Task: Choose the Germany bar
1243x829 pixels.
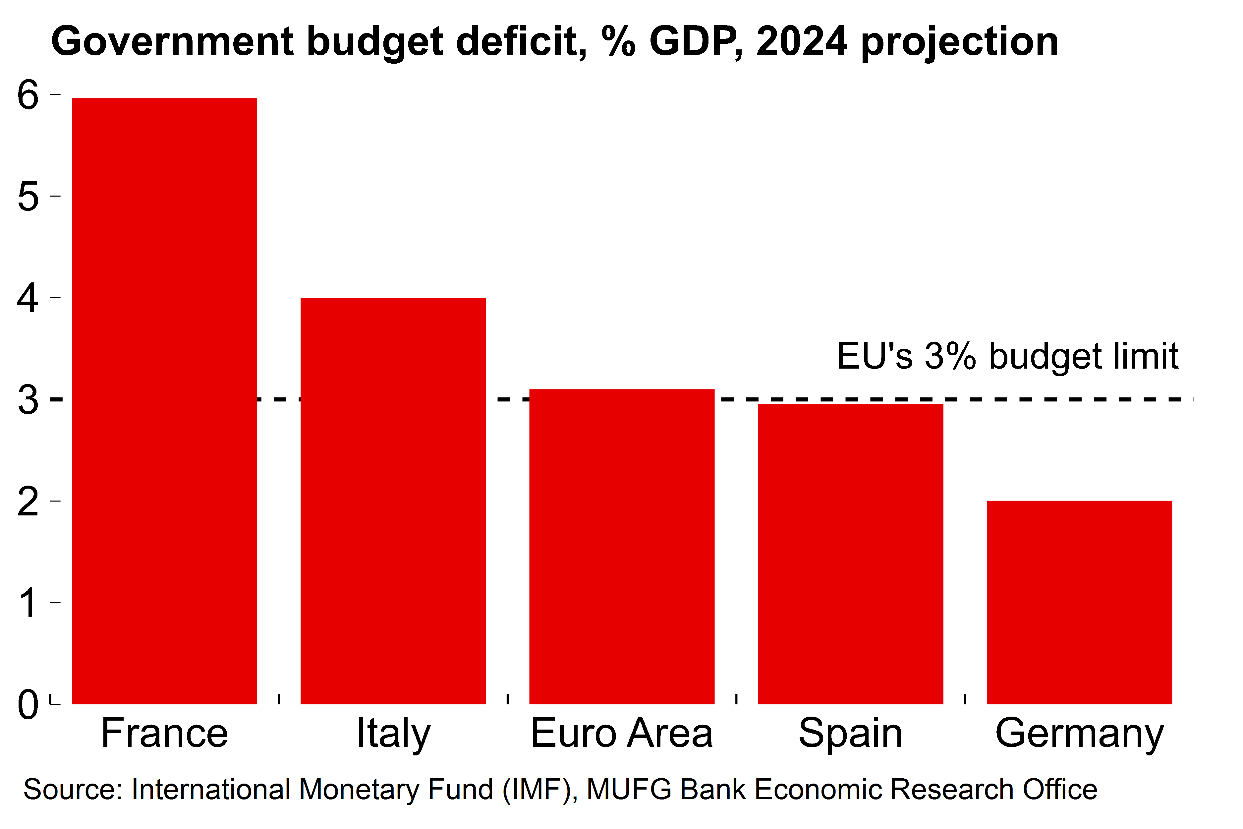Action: tap(1079, 602)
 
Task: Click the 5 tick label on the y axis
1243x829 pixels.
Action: tap(28, 197)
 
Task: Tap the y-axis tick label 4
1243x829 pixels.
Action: tap(28, 298)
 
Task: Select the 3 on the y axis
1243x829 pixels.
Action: tap(28, 400)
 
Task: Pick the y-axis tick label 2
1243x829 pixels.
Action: tap(28, 501)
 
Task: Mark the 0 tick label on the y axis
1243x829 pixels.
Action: tap(28, 704)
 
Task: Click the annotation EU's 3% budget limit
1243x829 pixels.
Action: tap(1007, 356)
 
